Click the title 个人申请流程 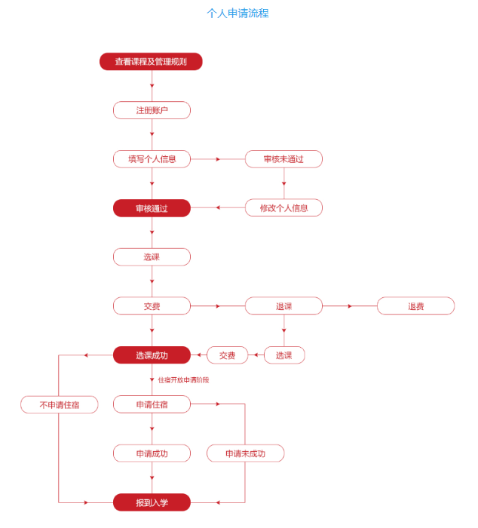[x=237, y=14]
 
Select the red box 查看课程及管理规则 [x=151, y=62]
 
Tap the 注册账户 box [x=152, y=110]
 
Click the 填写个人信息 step [x=152, y=159]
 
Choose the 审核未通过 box [x=283, y=159]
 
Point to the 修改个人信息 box [x=283, y=208]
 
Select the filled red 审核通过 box [x=152, y=208]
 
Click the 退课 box [x=283, y=306]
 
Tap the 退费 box [x=415, y=306]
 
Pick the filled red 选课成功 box [x=152, y=355]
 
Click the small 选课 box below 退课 [x=283, y=355]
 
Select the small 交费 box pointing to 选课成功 [x=227, y=355]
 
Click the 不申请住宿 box [x=59, y=405]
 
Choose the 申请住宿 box [x=152, y=405]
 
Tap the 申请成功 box [x=152, y=453]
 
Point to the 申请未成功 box [x=245, y=453]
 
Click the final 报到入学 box [x=152, y=502]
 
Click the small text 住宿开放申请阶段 [x=183, y=380]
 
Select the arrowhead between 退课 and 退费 [x=349, y=306]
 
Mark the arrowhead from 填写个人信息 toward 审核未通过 [x=218, y=159]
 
